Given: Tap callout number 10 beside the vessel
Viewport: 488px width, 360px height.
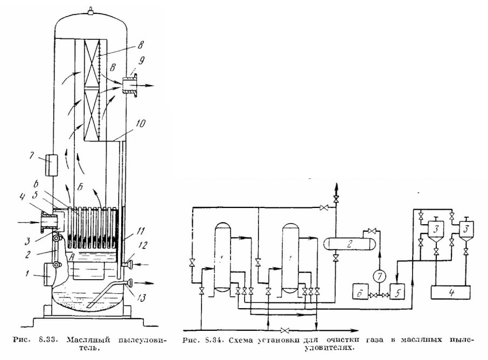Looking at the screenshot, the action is pos(140,123).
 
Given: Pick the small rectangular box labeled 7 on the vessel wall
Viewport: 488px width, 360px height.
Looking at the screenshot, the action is pos(52,164).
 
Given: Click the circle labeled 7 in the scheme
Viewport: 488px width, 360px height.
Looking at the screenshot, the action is pos(379,275).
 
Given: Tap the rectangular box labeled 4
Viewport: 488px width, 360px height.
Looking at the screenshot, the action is pos(450,293).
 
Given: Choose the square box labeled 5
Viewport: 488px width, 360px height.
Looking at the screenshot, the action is pos(398,291).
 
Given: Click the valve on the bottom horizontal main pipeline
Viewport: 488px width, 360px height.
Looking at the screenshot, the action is pos(284,330).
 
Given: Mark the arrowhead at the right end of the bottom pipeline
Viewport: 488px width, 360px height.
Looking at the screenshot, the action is pos(354,330).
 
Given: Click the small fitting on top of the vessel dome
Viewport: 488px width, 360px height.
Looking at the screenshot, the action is pos(90,11).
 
